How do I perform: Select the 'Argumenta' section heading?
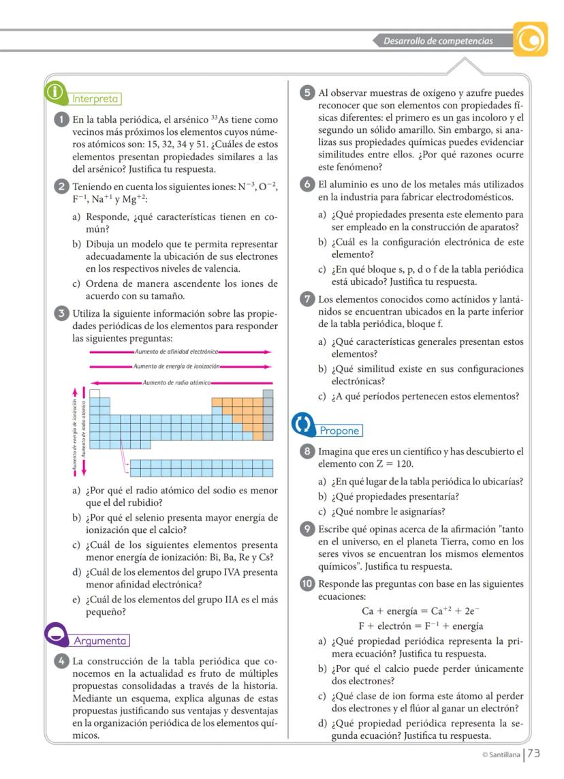(100, 641)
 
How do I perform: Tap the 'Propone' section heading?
(339, 431)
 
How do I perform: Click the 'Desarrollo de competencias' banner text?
(437, 41)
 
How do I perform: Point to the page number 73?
(533, 754)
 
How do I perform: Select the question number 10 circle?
(308, 583)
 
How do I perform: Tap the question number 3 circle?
(61, 314)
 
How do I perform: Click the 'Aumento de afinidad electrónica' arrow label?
(176, 352)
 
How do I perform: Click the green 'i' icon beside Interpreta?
(54, 92)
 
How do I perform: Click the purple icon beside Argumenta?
(57, 633)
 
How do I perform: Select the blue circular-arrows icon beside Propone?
(302, 424)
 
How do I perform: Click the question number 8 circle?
(308, 452)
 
